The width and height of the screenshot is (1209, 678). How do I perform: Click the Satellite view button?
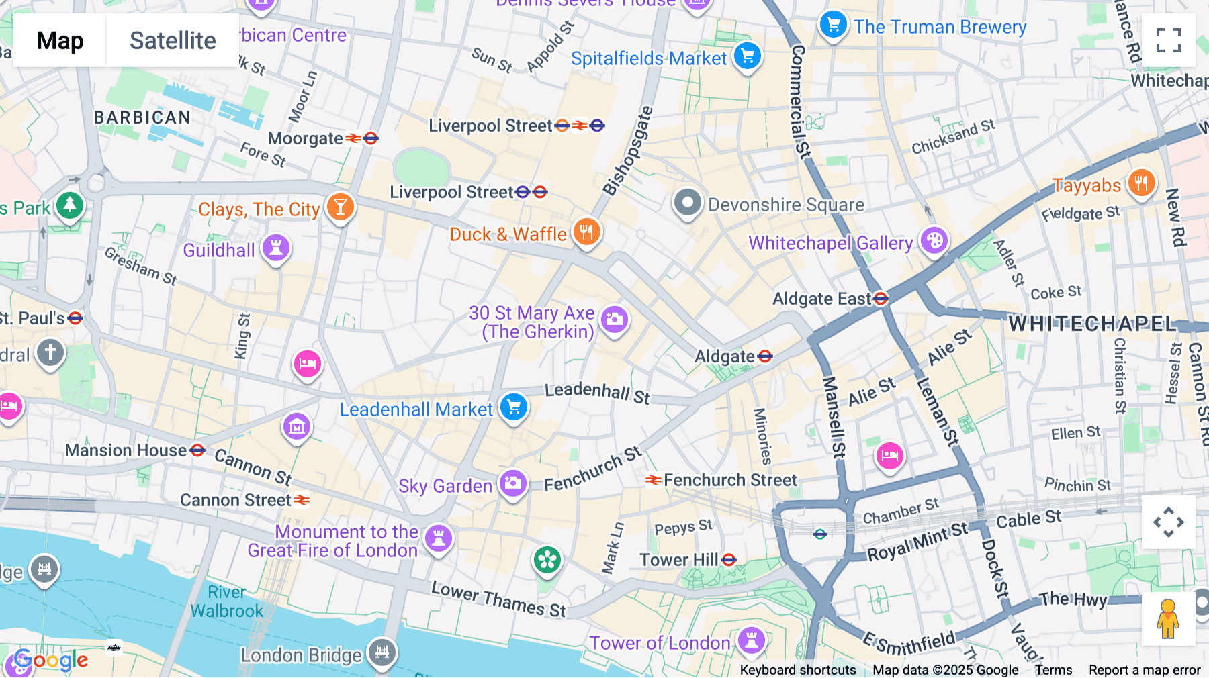pos(173,40)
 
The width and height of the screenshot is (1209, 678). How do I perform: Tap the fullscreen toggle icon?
pos(1168,40)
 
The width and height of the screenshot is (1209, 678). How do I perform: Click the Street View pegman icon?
pos(1168,619)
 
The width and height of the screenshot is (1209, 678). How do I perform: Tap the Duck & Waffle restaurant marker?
pos(586,232)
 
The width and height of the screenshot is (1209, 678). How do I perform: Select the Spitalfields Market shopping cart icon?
pos(748,56)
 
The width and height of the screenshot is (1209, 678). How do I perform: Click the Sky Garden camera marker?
pos(513,483)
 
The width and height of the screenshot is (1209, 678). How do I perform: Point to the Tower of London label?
pos(660,643)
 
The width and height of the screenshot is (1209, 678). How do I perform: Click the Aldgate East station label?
pos(822,299)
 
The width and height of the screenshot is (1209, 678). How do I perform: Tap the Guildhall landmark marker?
pos(275,248)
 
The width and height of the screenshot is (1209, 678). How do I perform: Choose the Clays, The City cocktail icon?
pos(340,207)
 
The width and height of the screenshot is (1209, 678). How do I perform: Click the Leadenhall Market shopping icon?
pos(514,407)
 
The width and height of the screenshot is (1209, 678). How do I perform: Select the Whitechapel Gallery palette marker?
pos(934,241)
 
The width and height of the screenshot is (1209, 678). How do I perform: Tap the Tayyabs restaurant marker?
pos(1141,183)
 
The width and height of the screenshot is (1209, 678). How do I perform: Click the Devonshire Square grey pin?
pos(687,203)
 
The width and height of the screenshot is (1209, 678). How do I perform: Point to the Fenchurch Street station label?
pos(729,480)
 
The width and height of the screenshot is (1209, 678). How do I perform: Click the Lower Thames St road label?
pos(498,599)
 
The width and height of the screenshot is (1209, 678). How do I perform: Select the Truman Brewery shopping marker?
pos(833,26)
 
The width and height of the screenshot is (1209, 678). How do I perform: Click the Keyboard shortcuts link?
pos(797,669)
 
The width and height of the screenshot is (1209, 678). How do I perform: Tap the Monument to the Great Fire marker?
pos(439,538)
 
